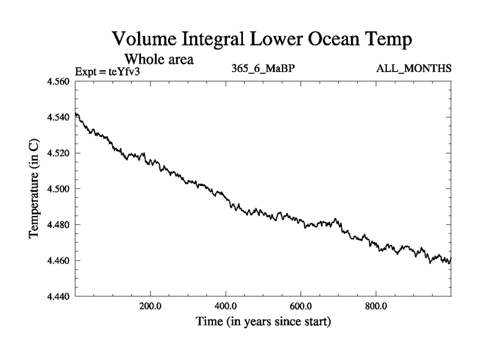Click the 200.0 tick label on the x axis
coord(150,306)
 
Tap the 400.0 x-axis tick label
coord(226,306)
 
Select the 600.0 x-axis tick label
coord(301,306)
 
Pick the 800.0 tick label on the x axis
coord(376,306)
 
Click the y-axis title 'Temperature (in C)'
coord(35,188)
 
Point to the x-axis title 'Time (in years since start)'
coord(263,322)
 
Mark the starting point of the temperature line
coord(76,113)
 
